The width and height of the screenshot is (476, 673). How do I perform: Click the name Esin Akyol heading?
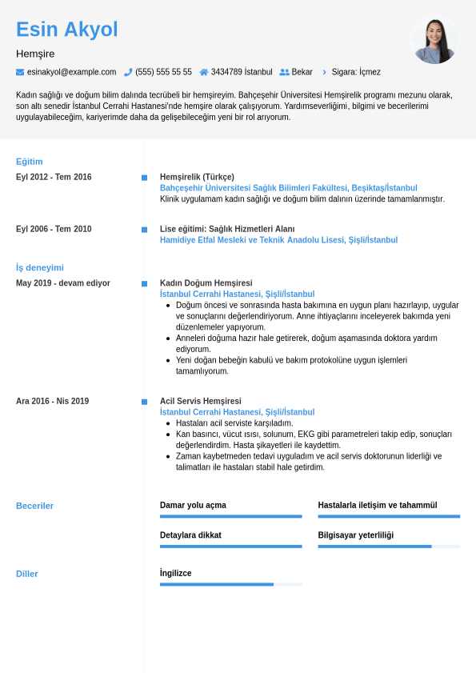(67, 30)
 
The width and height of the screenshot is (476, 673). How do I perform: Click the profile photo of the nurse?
(434, 40)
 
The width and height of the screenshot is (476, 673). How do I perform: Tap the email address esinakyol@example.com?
(71, 72)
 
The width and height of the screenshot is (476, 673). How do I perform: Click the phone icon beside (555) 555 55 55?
(128, 72)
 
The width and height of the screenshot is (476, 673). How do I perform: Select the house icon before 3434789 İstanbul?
(204, 72)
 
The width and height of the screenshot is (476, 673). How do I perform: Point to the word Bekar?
(302, 72)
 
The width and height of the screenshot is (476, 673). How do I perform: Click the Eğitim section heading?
(30, 162)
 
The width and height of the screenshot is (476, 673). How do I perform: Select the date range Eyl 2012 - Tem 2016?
(54, 177)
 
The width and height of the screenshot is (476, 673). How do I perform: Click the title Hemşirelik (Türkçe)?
(197, 177)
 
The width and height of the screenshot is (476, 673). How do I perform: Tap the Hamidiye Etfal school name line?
(278, 240)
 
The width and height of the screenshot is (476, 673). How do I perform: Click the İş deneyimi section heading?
(40, 267)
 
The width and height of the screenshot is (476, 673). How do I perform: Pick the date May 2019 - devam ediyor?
(63, 283)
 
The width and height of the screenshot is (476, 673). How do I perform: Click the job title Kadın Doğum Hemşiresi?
(206, 283)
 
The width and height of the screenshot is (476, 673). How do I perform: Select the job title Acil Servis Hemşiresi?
(200, 401)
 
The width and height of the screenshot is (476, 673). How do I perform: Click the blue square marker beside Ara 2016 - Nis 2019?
(144, 402)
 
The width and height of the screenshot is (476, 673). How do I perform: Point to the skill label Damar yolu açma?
(193, 505)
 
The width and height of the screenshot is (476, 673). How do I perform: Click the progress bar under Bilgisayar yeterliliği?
(389, 547)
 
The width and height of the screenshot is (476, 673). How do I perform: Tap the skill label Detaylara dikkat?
(190, 535)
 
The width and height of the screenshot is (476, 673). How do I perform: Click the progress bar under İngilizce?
(230, 584)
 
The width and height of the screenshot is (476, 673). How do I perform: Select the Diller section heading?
(27, 574)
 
